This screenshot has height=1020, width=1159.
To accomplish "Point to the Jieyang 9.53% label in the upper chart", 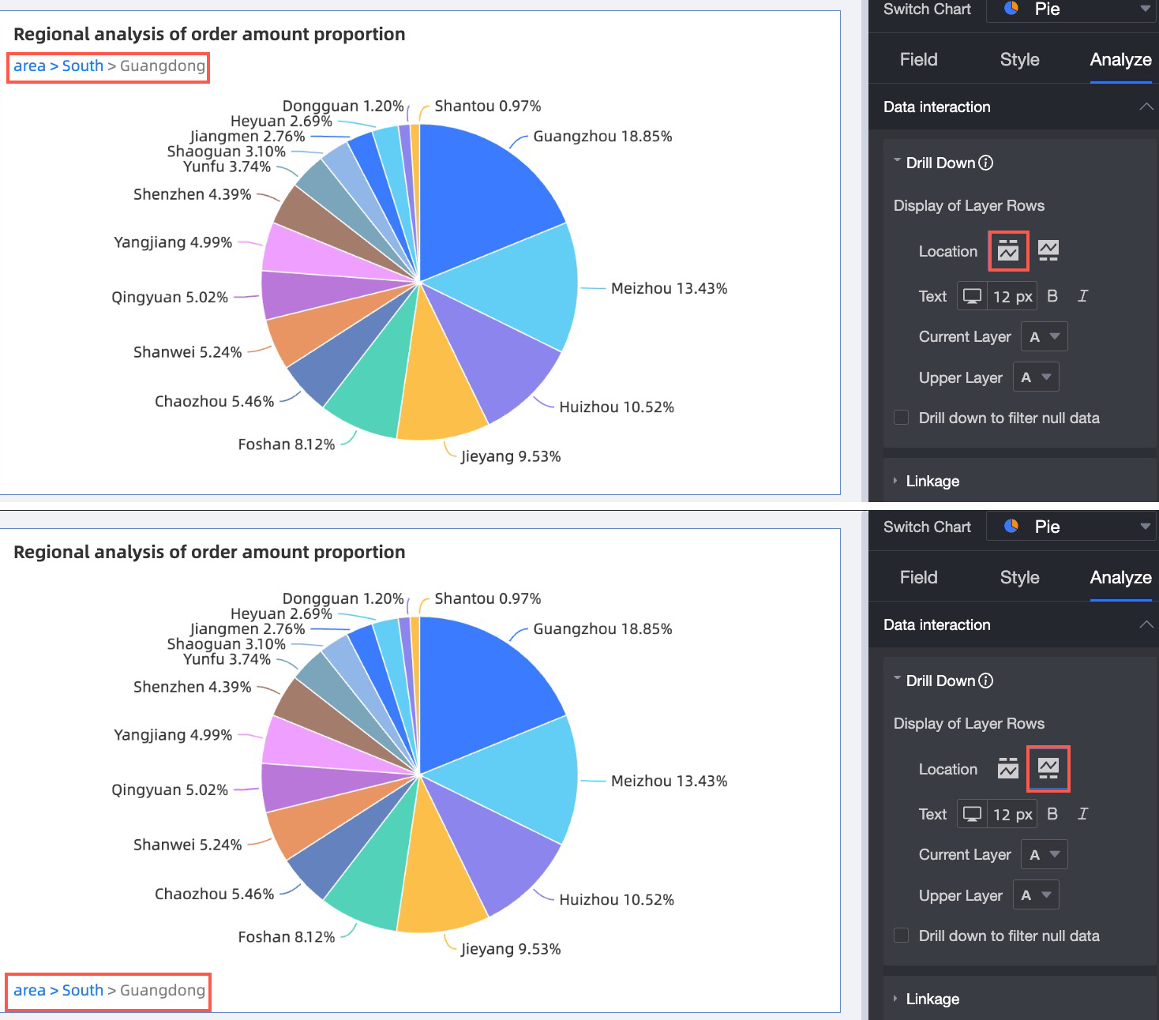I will tap(511, 456).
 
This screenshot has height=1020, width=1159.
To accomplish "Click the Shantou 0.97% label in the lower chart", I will tap(487, 598).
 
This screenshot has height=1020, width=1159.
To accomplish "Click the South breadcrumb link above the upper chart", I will tap(83, 66).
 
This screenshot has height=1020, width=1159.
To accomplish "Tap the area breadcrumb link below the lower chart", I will tap(29, 990).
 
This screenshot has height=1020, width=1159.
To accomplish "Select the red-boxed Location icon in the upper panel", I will tap(1008, 251).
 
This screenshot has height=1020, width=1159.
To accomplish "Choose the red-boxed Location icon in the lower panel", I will tap(1048, 768).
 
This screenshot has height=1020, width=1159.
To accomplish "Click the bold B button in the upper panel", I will tap(1052, 296).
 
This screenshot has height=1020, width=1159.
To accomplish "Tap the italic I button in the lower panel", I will tap(1082, 814).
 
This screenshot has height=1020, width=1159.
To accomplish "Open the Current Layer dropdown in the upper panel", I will tap(1044, 336).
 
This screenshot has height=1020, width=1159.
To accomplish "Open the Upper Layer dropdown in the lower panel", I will tap(1035, 895).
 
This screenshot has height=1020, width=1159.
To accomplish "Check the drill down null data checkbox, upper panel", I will tap(901, 418).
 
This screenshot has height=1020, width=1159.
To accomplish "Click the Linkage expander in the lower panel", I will tap(932, 999).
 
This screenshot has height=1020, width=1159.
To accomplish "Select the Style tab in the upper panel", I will tap(1019, 60).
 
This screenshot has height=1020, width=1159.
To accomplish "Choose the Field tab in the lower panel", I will tap(918, 577).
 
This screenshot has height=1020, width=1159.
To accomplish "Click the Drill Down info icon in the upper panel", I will tap(986, 163).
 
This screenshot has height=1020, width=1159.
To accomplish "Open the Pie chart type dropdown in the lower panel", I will tap(1072, 527).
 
